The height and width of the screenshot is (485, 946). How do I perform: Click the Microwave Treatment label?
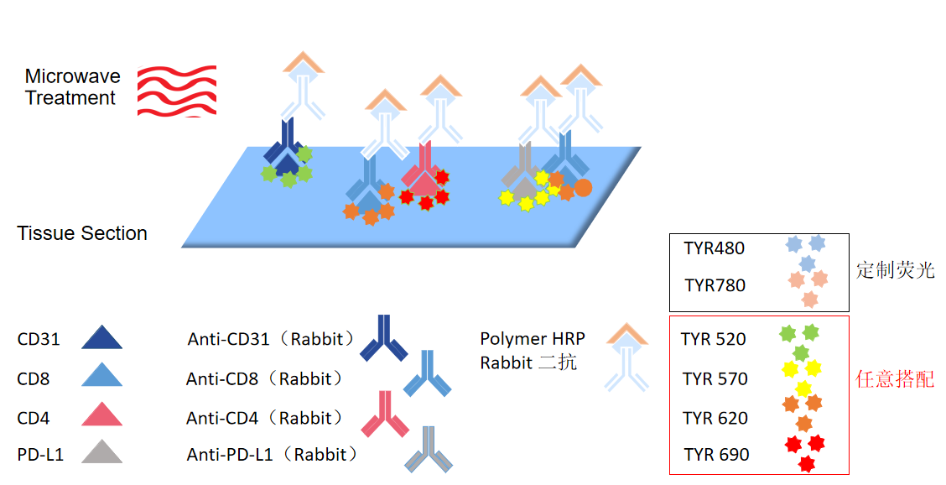point(72,87)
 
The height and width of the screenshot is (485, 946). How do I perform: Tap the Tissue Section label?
point(82,233)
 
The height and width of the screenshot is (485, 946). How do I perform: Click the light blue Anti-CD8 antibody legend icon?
point(428,374)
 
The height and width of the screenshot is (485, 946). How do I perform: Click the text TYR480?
point(714,248)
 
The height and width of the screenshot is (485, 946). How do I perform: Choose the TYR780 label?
point(715,285)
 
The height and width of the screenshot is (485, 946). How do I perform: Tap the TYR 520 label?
point(714,339)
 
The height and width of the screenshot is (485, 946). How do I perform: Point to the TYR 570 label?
point(715,379)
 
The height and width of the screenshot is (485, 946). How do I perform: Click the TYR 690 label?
point(716,455)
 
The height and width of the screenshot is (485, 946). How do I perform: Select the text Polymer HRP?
point(533,339)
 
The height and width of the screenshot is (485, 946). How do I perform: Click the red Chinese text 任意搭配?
point(894,378)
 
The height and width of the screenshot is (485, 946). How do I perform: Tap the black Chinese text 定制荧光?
point(895,270)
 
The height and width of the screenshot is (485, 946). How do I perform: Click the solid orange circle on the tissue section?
point(583,187)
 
